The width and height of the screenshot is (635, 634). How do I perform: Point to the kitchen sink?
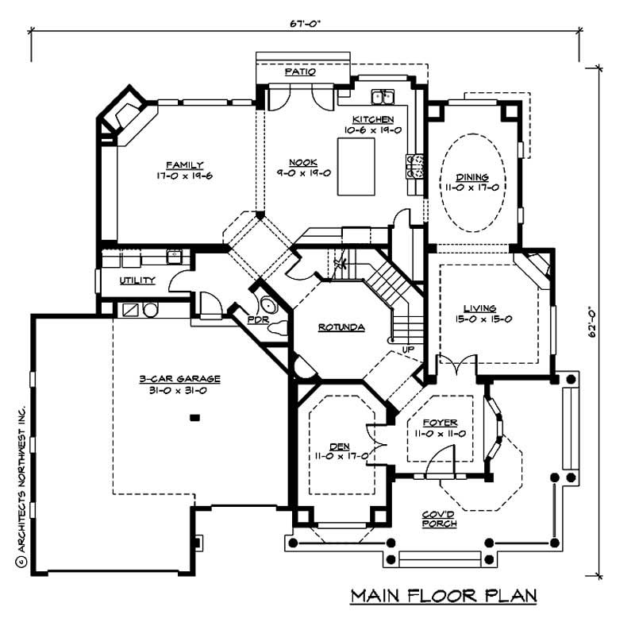pos(386,98)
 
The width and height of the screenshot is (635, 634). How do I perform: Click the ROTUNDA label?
pos(341,327)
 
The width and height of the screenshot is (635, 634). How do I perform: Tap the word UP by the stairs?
pos(409,350)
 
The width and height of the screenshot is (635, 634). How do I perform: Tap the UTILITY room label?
pos(137,280)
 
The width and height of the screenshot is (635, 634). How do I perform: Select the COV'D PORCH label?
pos(438,519)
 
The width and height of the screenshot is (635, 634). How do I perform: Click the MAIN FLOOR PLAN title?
pos(444,596)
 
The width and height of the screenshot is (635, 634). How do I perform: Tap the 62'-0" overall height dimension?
pos(599,323)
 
